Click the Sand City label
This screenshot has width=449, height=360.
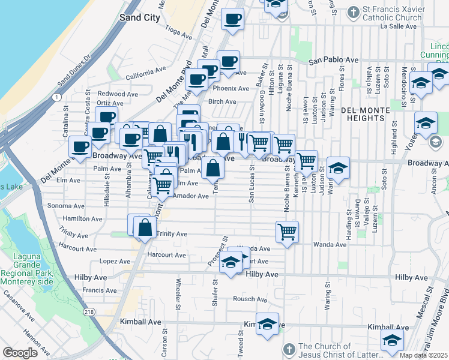point(140,17)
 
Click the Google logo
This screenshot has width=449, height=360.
point(20,353)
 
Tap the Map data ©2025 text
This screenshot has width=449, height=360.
point(424,355)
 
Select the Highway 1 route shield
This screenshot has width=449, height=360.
point(56,97)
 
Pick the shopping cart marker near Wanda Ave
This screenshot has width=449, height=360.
point(288,230)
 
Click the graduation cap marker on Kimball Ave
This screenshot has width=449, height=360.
point(268,323)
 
